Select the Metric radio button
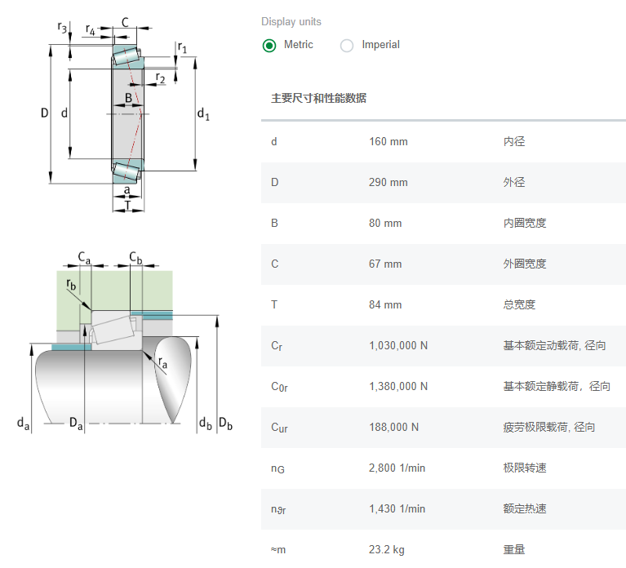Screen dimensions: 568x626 [x=269, y=46]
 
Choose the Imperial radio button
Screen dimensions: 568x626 [x=347, y=46]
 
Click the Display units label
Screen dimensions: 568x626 [x=291, y=22]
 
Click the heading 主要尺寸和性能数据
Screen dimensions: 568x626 [x=318, y=99]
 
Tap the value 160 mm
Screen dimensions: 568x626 [x=388, y=142]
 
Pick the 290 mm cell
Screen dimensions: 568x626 [x=388, y=183]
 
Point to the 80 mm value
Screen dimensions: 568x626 [x=385, y=224]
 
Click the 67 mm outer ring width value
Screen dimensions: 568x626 [x=385, y=264]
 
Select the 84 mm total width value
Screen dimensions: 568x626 [x=385, y=305]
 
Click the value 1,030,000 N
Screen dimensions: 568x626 [x=398, y=346]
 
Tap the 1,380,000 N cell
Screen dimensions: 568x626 [x=398, y=387]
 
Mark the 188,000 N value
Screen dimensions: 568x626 [x=393, y=428]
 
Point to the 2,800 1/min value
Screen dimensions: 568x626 [x=397, y=468]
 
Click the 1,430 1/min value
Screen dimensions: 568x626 [x=397, y=509]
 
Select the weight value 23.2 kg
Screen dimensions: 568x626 [x=386, y=550]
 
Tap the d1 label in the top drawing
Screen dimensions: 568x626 [x=203, y=114]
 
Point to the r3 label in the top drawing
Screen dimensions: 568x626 [x=63, y=28]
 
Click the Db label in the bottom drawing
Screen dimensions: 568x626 [x=225, y=424]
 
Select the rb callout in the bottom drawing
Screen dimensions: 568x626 [x=72, y=285]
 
